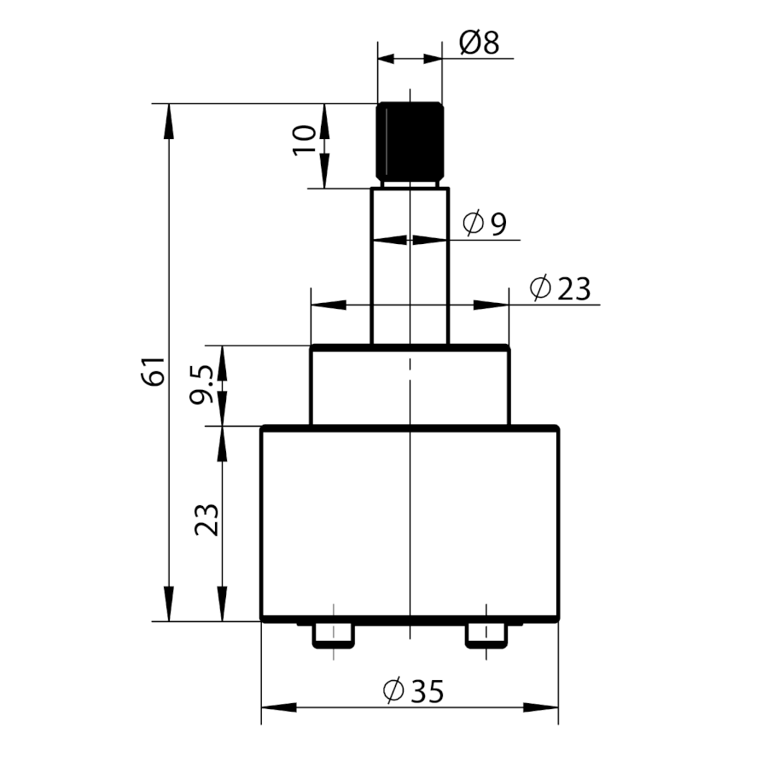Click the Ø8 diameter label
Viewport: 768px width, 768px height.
pos(480,43)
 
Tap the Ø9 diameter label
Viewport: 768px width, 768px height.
pos(485,224)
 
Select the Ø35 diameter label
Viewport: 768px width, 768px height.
pos(413,690)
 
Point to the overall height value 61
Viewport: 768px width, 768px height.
pos(154,372)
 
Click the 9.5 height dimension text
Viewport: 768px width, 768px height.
pos(201,385)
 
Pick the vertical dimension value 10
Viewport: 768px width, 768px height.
pos(304,141)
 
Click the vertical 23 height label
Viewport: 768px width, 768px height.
pos(207,519)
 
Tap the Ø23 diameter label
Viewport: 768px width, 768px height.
pos(560,288)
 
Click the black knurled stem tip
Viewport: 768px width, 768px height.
pos(410,143)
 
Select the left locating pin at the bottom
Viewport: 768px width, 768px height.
pos(334,637)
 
